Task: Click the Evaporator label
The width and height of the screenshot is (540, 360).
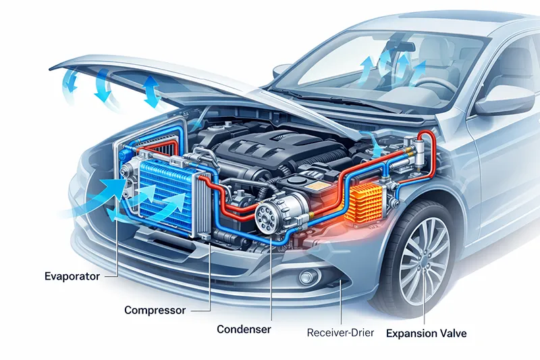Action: point(72,276)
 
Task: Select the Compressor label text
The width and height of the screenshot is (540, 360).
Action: point(155,310)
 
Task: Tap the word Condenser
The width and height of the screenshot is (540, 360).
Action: point(244,329)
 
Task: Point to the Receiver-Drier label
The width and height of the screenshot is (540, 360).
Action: point(340,333)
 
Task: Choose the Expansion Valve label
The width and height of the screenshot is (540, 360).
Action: point(427,333)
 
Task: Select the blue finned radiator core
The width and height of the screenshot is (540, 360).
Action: point(165,193)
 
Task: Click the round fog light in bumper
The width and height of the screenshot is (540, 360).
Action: point(308,277)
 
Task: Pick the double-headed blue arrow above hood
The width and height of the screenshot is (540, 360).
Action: point(151,92)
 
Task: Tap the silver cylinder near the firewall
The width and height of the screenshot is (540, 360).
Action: point(419,152)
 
